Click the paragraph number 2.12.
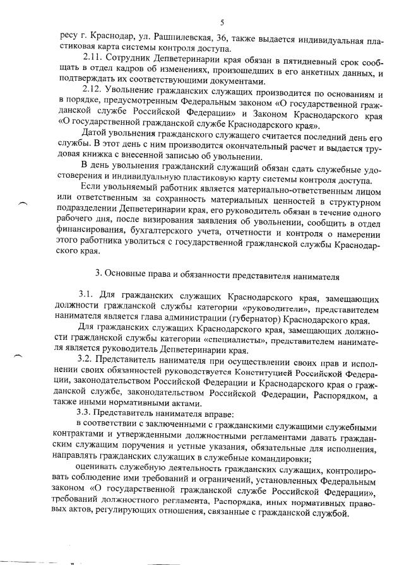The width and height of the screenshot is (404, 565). tap(93, 93)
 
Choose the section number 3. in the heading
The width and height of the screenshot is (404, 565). tap(98, 275)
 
